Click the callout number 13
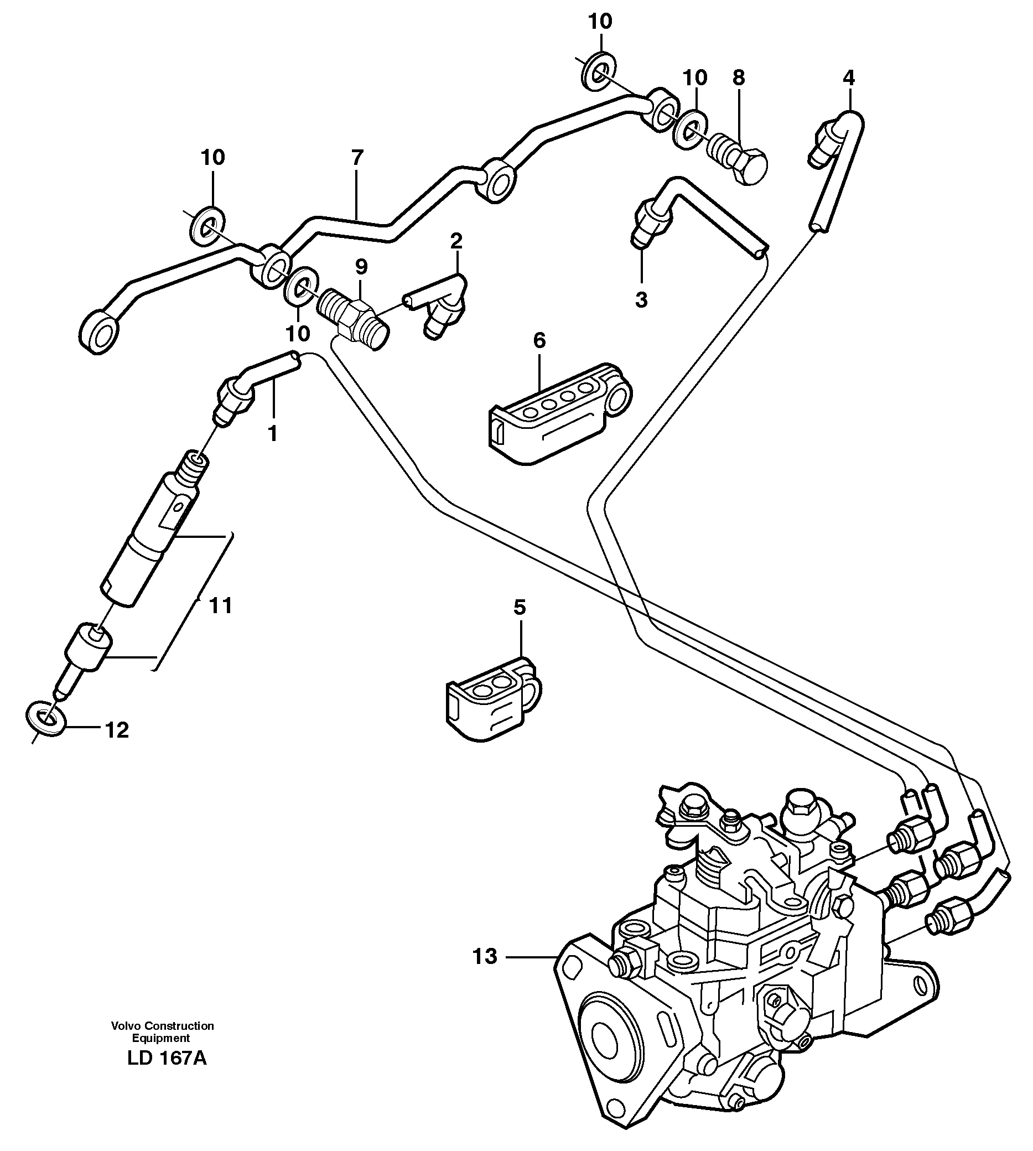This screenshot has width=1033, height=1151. [485, 957]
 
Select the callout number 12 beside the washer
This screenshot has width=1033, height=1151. [116, 730]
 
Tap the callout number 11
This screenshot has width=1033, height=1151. [221, 606]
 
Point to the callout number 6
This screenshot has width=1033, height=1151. [539, 340]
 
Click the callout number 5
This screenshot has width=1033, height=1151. [520, 607]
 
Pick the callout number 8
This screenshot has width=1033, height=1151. [738, 78]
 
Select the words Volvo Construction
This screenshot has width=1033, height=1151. [162, 1025]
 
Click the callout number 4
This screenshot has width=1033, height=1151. [849, 78]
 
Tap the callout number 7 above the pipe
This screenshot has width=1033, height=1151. [356, 157]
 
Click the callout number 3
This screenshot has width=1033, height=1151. [641, 299]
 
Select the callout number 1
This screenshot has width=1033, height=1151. [272, 434]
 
